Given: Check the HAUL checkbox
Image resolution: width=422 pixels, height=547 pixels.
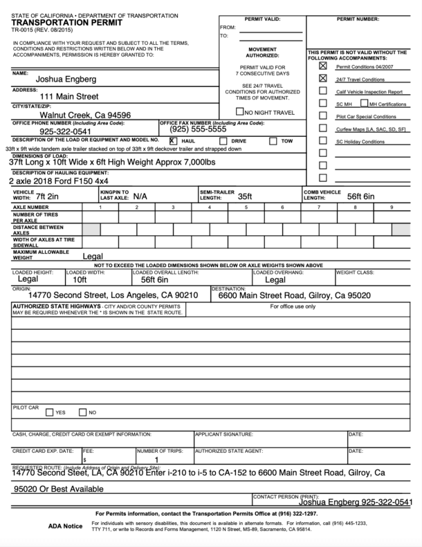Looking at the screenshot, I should pos(173,140).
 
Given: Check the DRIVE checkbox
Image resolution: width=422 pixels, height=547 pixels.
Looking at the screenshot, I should pos(223,140).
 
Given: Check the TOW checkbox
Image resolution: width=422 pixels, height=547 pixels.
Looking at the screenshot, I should pos(272,140).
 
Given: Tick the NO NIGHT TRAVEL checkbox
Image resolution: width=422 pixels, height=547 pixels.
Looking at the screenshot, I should pos(239,111).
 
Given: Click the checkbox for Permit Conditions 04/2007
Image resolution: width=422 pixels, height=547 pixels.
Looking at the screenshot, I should pos(322,66).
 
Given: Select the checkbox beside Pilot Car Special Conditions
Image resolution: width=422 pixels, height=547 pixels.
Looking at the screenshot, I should pos(322,116).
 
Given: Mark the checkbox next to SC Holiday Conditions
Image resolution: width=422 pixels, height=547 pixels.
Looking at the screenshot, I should pos(322,141).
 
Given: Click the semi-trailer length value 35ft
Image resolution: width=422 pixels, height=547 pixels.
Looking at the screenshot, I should pos(245,196).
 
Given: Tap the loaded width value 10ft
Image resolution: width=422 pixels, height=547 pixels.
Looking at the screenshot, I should pos(80,280).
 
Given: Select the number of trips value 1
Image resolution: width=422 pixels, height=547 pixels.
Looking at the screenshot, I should pos(157,458).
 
